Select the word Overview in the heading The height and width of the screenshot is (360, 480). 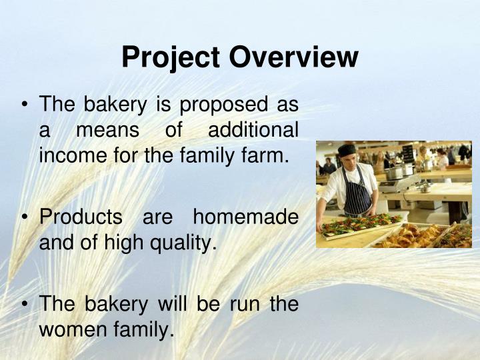(294, 57)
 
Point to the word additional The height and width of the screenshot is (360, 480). (253, 131)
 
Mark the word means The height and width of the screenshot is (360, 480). (107, 131)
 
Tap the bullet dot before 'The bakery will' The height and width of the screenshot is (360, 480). (25, 303)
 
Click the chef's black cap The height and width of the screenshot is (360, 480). (347, 149)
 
